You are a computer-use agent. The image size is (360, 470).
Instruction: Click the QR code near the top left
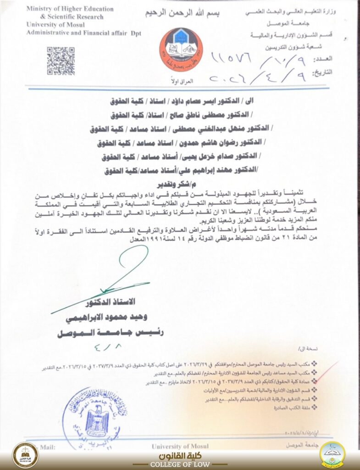(x=60, y=61)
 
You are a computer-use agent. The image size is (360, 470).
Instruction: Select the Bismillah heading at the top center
(x=183, y=13)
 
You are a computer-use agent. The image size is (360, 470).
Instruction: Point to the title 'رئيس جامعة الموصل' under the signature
(x=110, y=333)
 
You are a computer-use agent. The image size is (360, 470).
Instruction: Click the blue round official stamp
(x=97, y=418)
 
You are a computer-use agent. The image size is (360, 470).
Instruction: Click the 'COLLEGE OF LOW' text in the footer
(x=180, y=464)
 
